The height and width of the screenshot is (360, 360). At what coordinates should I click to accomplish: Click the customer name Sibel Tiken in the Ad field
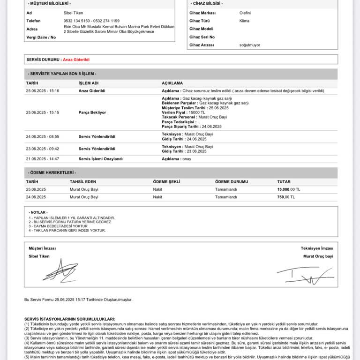pyautogui.click(x=73, y=13)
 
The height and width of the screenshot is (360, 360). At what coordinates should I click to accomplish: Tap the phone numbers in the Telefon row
pyautogui.click(x=91, y=21)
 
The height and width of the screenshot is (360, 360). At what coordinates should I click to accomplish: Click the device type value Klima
pyautogui.click(x=244, y=21)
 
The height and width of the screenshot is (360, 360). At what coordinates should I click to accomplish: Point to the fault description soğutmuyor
pyautogui.click(x=249, y=45)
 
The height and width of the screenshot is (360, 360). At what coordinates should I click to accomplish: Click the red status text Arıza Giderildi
pyautogui.click(x=76, y=60)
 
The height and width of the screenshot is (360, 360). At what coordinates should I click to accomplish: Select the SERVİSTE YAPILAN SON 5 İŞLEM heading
pyautogui.click(x=62, y=74)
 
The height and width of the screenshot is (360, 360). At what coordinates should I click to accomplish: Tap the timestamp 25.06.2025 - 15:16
pyautogui.click(x=43, y=90)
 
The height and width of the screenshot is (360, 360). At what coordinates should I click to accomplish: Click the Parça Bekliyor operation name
pyautogui.click(x=92, y=112)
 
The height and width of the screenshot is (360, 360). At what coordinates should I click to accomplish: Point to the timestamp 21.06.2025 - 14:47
pyautogui.click(x=43, y=159)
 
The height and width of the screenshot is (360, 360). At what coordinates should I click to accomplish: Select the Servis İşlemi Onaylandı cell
pyautogui.click(x=100, y=159)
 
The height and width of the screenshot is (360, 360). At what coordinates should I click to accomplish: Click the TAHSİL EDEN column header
pyautogui.click(x=83, y=181)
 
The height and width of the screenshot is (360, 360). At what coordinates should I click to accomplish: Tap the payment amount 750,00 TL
pyautogui.click(x=286, y=197)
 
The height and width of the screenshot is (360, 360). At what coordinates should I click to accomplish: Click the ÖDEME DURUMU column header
pyautogui.click(x=231, y=181)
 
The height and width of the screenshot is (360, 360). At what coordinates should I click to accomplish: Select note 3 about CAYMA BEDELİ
pyautogui.click(x=58, y=226)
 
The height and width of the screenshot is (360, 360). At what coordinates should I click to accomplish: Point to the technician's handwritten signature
pyautogui.click(x=305, y=274)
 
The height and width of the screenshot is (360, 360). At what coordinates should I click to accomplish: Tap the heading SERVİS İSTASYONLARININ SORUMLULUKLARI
pyautogui.click(x=69, y=319)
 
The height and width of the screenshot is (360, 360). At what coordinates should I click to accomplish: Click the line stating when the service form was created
pyautogui.click(x=78, y=299)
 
